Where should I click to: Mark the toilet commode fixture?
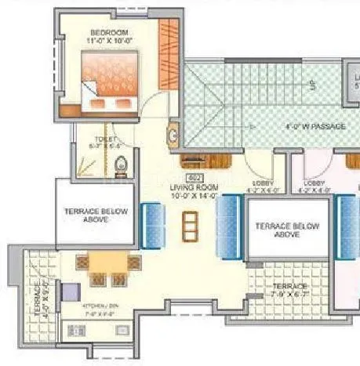click(121, 166)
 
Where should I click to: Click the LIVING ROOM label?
click(194, 188)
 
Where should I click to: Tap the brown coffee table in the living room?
click(189, 227)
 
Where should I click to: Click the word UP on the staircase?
click(311, 85)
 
